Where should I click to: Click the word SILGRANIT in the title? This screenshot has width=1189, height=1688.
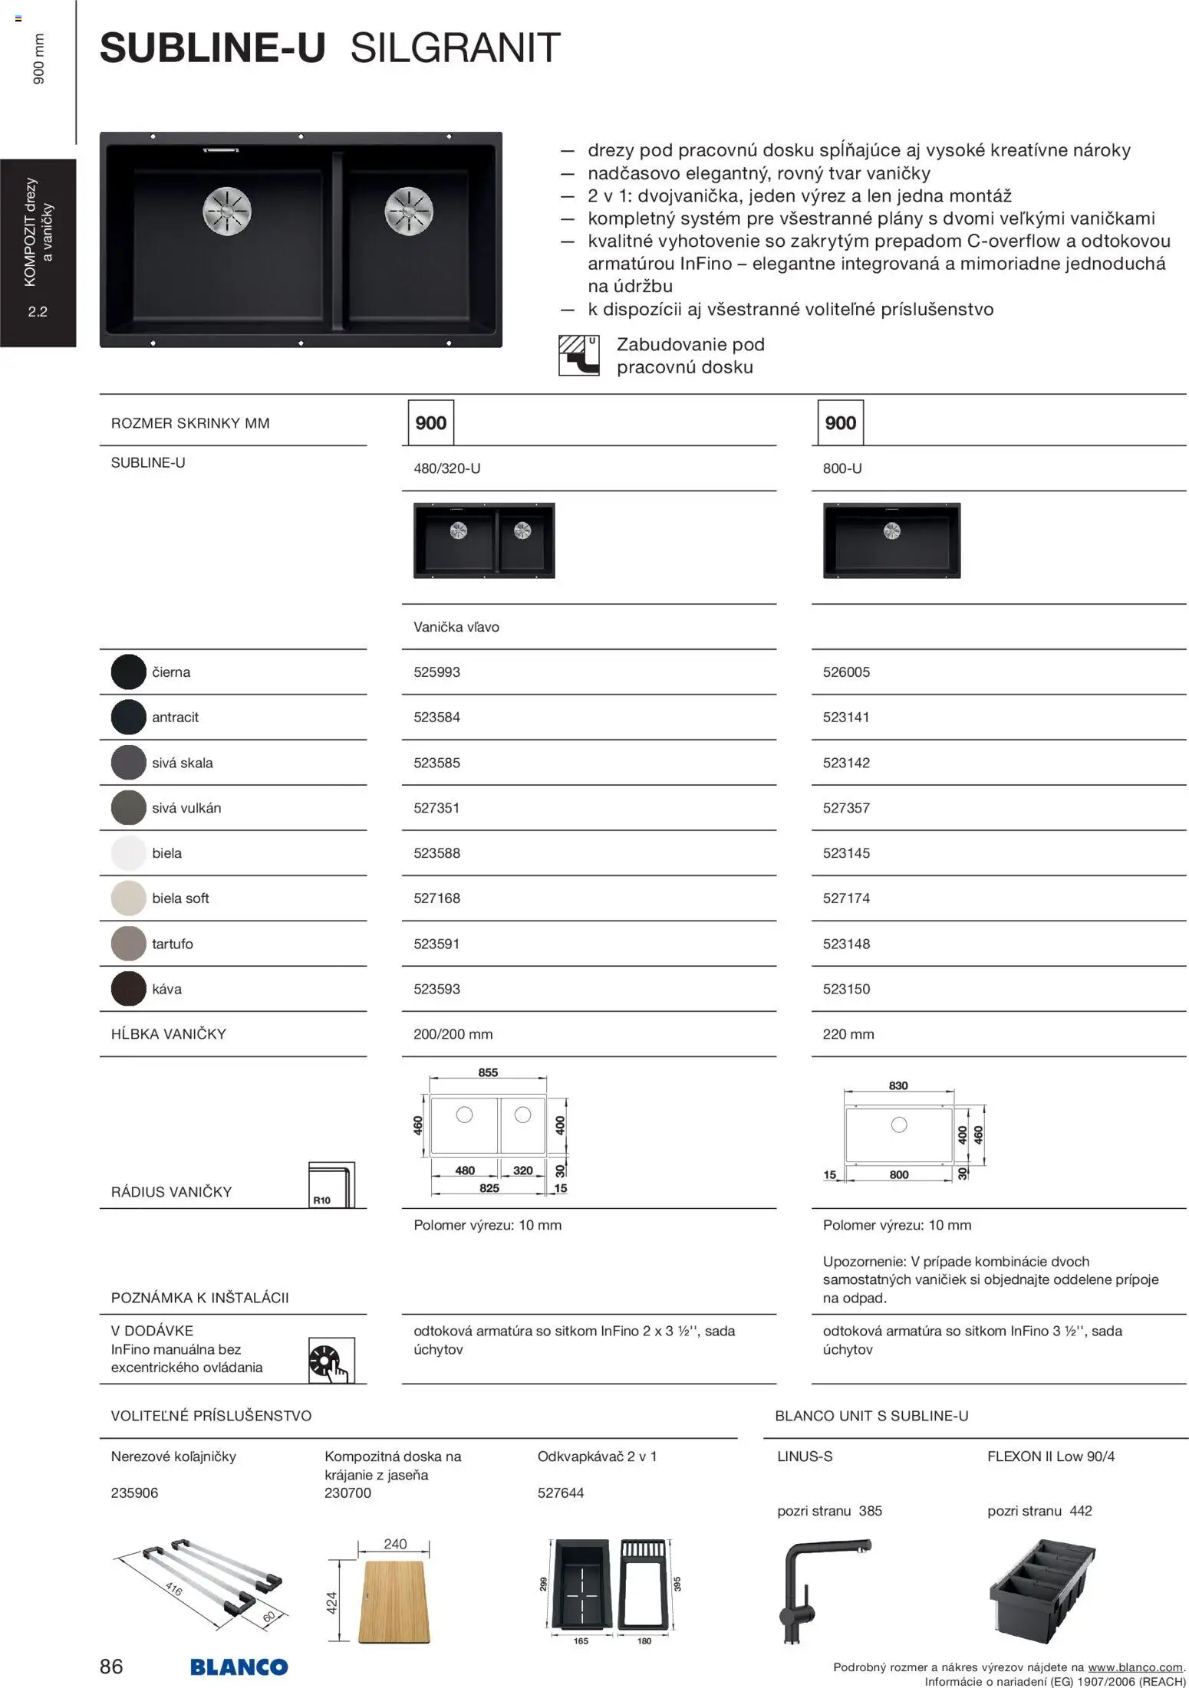point(455,48)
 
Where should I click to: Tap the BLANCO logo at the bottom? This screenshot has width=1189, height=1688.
point(239,1667)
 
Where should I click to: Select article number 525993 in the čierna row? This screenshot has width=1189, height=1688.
point(436,672)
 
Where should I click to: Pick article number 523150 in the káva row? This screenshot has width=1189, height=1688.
point(846,989)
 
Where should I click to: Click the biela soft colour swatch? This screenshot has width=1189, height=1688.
point(128,898)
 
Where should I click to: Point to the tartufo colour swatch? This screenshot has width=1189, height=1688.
point(128,944)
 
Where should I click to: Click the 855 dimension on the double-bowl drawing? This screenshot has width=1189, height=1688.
point(488,1072)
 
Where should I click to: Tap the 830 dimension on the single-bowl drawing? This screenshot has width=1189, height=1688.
point(898,1085)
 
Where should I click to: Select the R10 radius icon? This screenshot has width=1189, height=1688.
point(331,1185)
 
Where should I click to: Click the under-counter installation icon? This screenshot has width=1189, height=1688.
point(578,355)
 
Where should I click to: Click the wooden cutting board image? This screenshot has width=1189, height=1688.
point(395,1601)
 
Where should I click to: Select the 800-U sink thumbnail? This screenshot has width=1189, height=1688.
point(891,540)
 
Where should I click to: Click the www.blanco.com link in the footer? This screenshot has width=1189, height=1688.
point(1135,1667)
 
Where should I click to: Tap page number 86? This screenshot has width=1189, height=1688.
point(111,1666)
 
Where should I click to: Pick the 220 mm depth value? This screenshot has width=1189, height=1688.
point(848,1034)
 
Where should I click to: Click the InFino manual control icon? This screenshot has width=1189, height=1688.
point(331,1360)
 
